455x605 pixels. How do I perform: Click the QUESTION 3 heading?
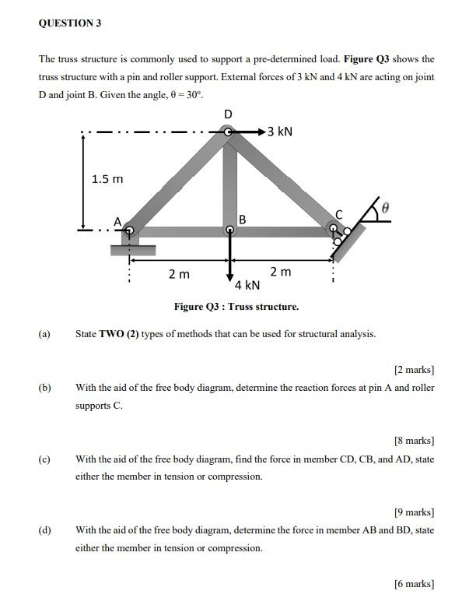point(70,23)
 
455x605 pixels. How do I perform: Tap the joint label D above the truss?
point(228,114)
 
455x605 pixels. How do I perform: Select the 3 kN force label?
point(280,132)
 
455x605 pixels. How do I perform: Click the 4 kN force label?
point(247,285)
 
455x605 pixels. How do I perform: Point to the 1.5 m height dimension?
point(107,179)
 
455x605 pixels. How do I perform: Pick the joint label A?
point(118,221)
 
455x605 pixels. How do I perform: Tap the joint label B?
point(243,220)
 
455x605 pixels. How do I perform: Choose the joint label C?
point(338,215)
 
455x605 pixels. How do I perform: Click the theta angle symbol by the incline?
point(383,208)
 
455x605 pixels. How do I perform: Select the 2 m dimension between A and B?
point(179,273)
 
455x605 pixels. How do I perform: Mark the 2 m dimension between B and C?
point(281,272)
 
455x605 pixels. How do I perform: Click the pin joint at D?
point(228,132)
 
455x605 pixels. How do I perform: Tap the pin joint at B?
point(229,230)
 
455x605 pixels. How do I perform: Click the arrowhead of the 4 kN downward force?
point(229,277)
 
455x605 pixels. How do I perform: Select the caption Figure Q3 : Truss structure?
point(236,307)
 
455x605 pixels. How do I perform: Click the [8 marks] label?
point(414,441)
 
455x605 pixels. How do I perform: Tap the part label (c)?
point(44,459)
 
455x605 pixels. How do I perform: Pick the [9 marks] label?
point(414,512)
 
